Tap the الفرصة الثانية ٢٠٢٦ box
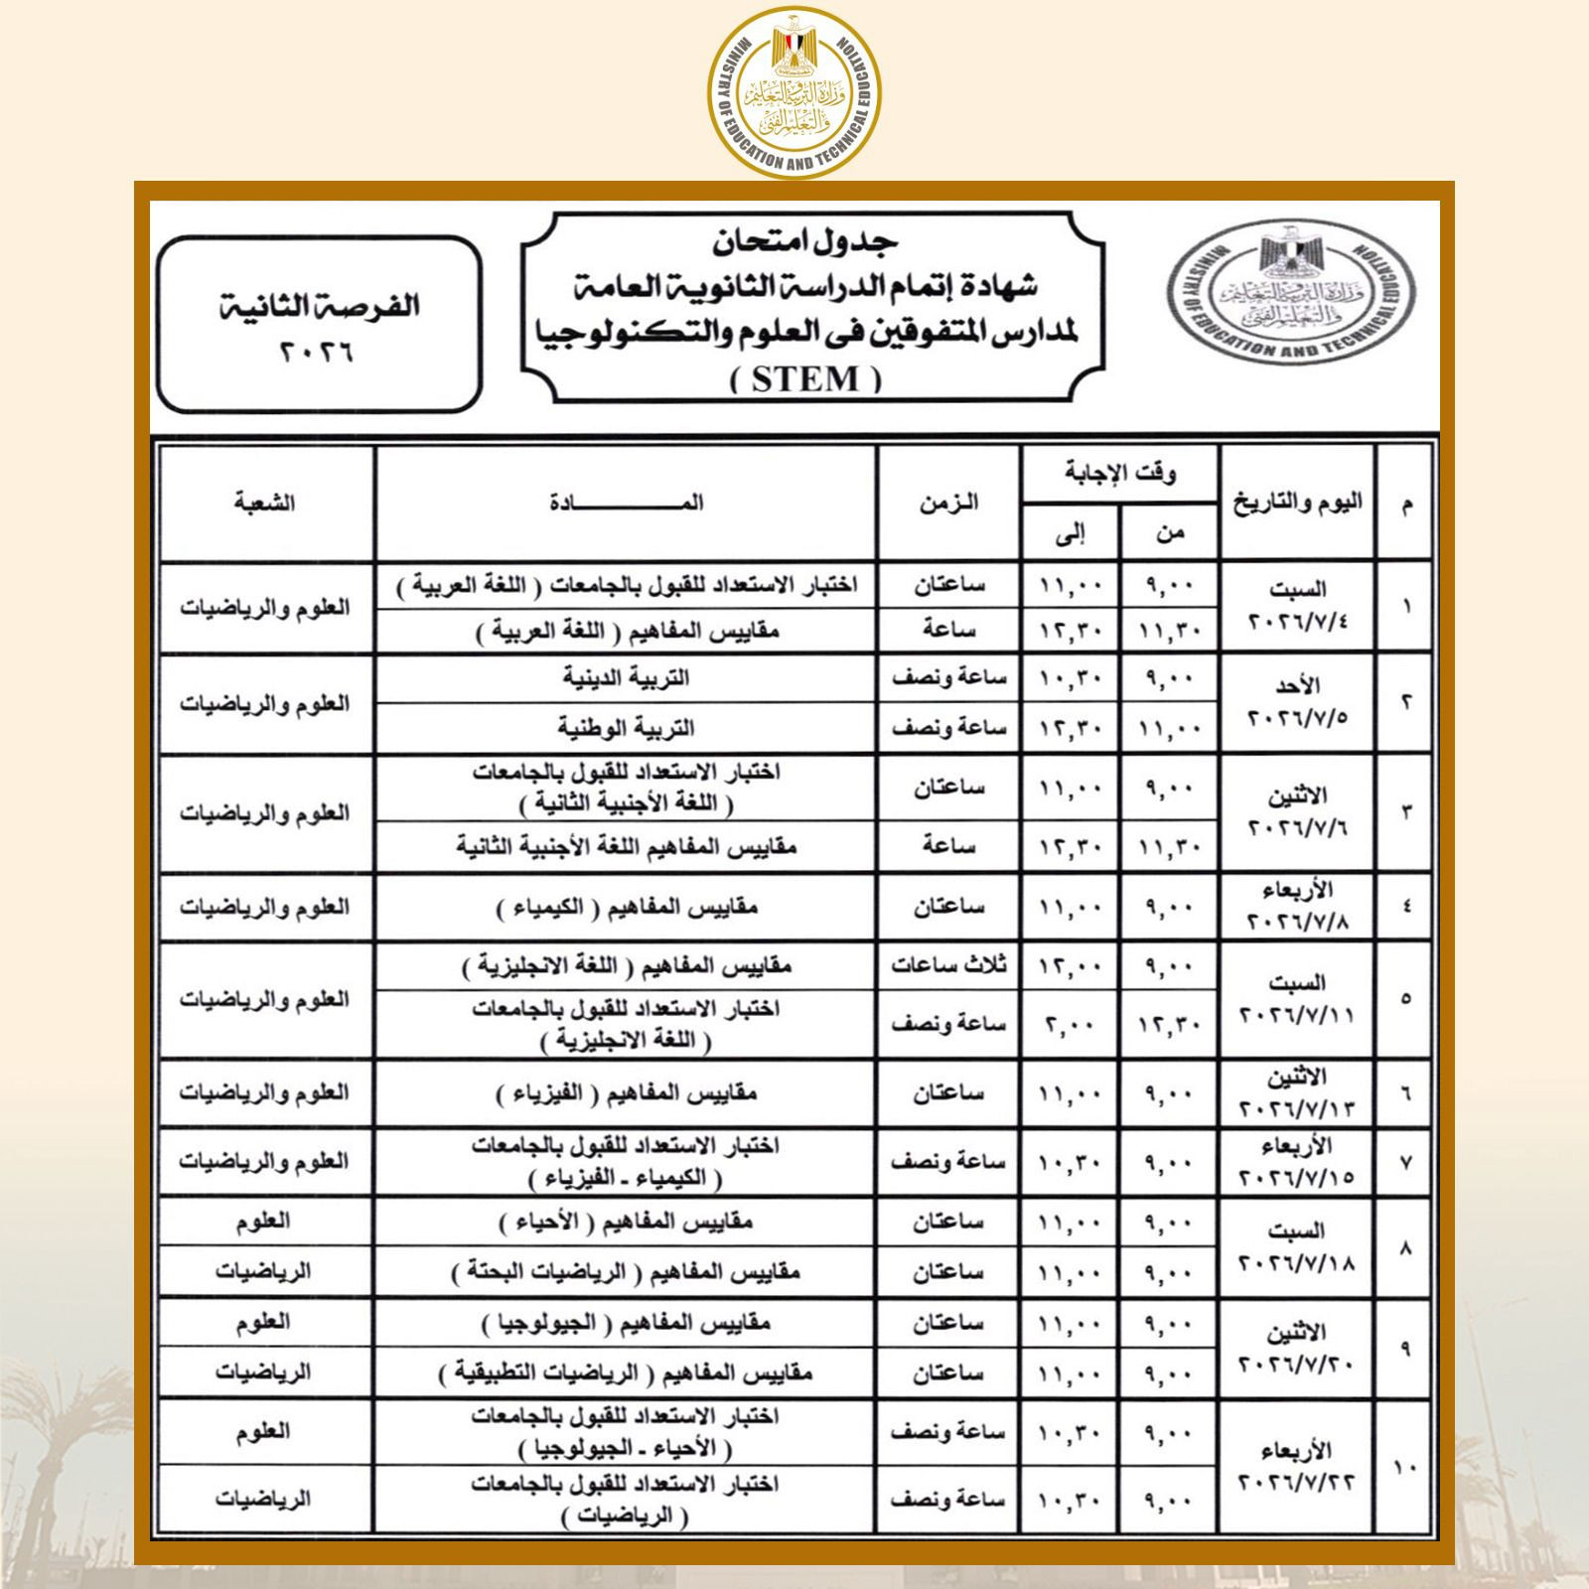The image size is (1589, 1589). tap(319, 324)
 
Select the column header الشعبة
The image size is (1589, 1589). tap(266, 504)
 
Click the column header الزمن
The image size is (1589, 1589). tap(947, 504)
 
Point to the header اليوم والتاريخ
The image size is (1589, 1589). tap(1297, 503)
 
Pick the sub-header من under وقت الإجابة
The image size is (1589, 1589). tap(1169, 534)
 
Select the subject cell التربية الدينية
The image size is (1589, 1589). tap(626, 678)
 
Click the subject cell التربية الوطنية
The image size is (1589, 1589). tap(626, 728)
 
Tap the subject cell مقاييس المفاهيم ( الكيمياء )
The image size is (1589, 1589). tap(626, 908)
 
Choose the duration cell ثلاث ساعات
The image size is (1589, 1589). tap(947, 965)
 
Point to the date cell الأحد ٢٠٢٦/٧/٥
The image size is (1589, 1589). tap(1297, 702)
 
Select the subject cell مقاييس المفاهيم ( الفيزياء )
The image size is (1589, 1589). tap(626, 1093)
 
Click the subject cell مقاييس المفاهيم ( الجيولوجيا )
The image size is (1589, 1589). tap(626, 1324)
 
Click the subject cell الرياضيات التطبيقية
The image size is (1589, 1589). tap(626, 1373)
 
